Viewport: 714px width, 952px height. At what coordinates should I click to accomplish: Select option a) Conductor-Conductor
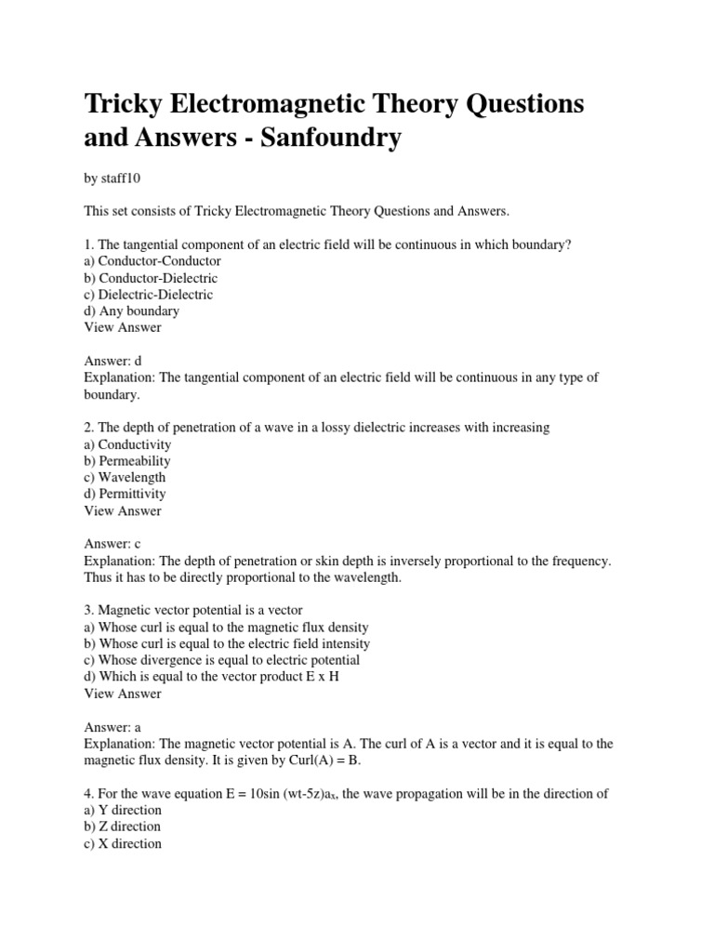click(x=152, y=261)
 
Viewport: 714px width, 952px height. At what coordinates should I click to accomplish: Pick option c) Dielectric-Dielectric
click(x=148, y=295)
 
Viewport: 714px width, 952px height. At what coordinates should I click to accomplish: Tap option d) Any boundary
click(x=131, y=311)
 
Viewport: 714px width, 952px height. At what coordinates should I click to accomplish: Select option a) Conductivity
click(x=127, y=444)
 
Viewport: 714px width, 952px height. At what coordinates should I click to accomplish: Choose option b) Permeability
click(x=127, y=461)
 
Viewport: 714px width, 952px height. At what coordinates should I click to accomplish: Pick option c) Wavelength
click(x=125, y=478)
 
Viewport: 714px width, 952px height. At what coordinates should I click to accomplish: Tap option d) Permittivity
click(x=125, y=494)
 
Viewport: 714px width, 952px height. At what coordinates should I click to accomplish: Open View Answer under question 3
click(x=122, y=694)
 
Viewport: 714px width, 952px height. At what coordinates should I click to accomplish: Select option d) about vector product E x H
click(x=211, y=677)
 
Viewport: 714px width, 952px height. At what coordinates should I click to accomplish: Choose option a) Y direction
click(x=122, y=810)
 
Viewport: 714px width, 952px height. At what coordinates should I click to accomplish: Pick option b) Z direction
click(x=122, y=826)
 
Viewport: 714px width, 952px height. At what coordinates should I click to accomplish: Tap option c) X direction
click(x=122, y=843)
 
